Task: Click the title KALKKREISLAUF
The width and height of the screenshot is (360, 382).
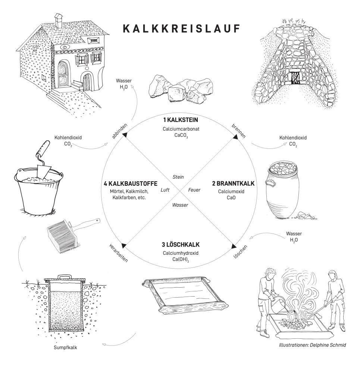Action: pyautogui.click(x=180, y=29)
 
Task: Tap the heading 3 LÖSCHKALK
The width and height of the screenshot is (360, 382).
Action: pyautogui.click(x=180, y=245)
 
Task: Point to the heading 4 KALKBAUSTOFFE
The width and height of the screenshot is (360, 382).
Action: pyautogui.click(x=131, y=184)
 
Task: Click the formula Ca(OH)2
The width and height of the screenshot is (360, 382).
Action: pyautogui.click(x=180, y=260)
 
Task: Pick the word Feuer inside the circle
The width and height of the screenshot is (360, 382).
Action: pyautogui.click(x=194, y=190)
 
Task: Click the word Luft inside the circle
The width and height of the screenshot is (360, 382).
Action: pyautogui.click(x=165, y=190)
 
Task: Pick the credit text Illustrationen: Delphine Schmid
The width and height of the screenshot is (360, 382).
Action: pyautogui.click(x=312, y=345)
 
